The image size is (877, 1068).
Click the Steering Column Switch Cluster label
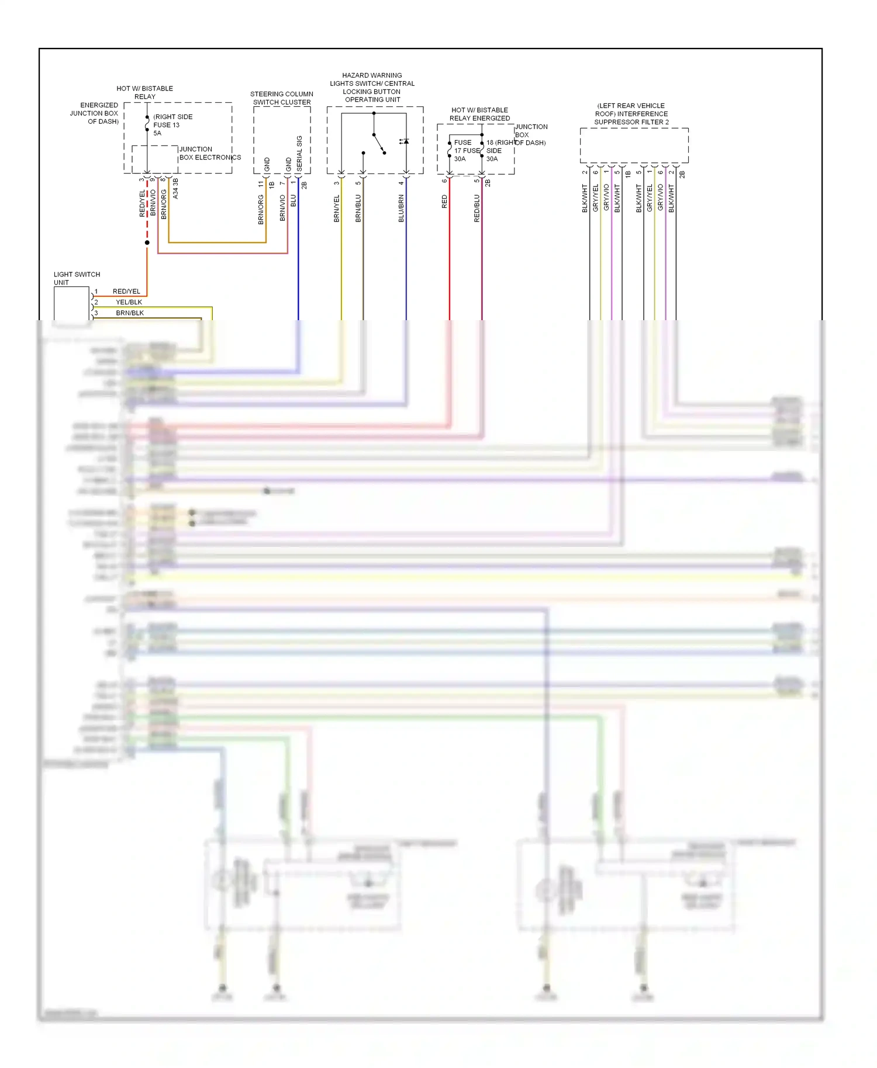(282, 98)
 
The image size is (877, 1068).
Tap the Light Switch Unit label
(77, 278)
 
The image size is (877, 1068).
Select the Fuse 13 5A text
(167, 125)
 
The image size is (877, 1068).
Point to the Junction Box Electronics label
(209, 153)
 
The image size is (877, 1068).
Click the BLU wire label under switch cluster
(294, 200)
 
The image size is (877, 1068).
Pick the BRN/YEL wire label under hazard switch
(337, 209)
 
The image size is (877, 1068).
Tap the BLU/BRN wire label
(401, 209)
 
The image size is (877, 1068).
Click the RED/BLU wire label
(477, 209)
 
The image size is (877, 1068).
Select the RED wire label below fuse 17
(444, 202)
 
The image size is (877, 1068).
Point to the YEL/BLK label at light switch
(129, 302)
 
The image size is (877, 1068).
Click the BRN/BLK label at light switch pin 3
(130, 313)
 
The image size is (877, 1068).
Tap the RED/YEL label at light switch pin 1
(126, 292)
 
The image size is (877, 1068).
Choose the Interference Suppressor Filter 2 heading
(631, 114)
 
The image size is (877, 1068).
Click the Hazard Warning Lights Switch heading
(372, 88)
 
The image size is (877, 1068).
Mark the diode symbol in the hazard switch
(405, 141)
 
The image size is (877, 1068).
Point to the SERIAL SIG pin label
(299, 153)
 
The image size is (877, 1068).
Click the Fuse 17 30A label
(462, 151)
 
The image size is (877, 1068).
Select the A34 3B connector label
(175, 189)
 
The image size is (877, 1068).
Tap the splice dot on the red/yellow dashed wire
(147, 242)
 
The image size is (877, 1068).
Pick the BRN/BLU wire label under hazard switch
(358, 209)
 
